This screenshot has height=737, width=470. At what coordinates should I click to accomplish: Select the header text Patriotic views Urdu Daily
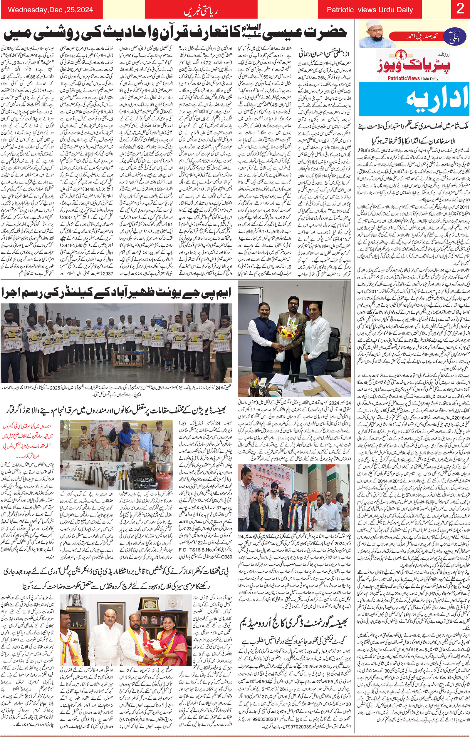point(370,10)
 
